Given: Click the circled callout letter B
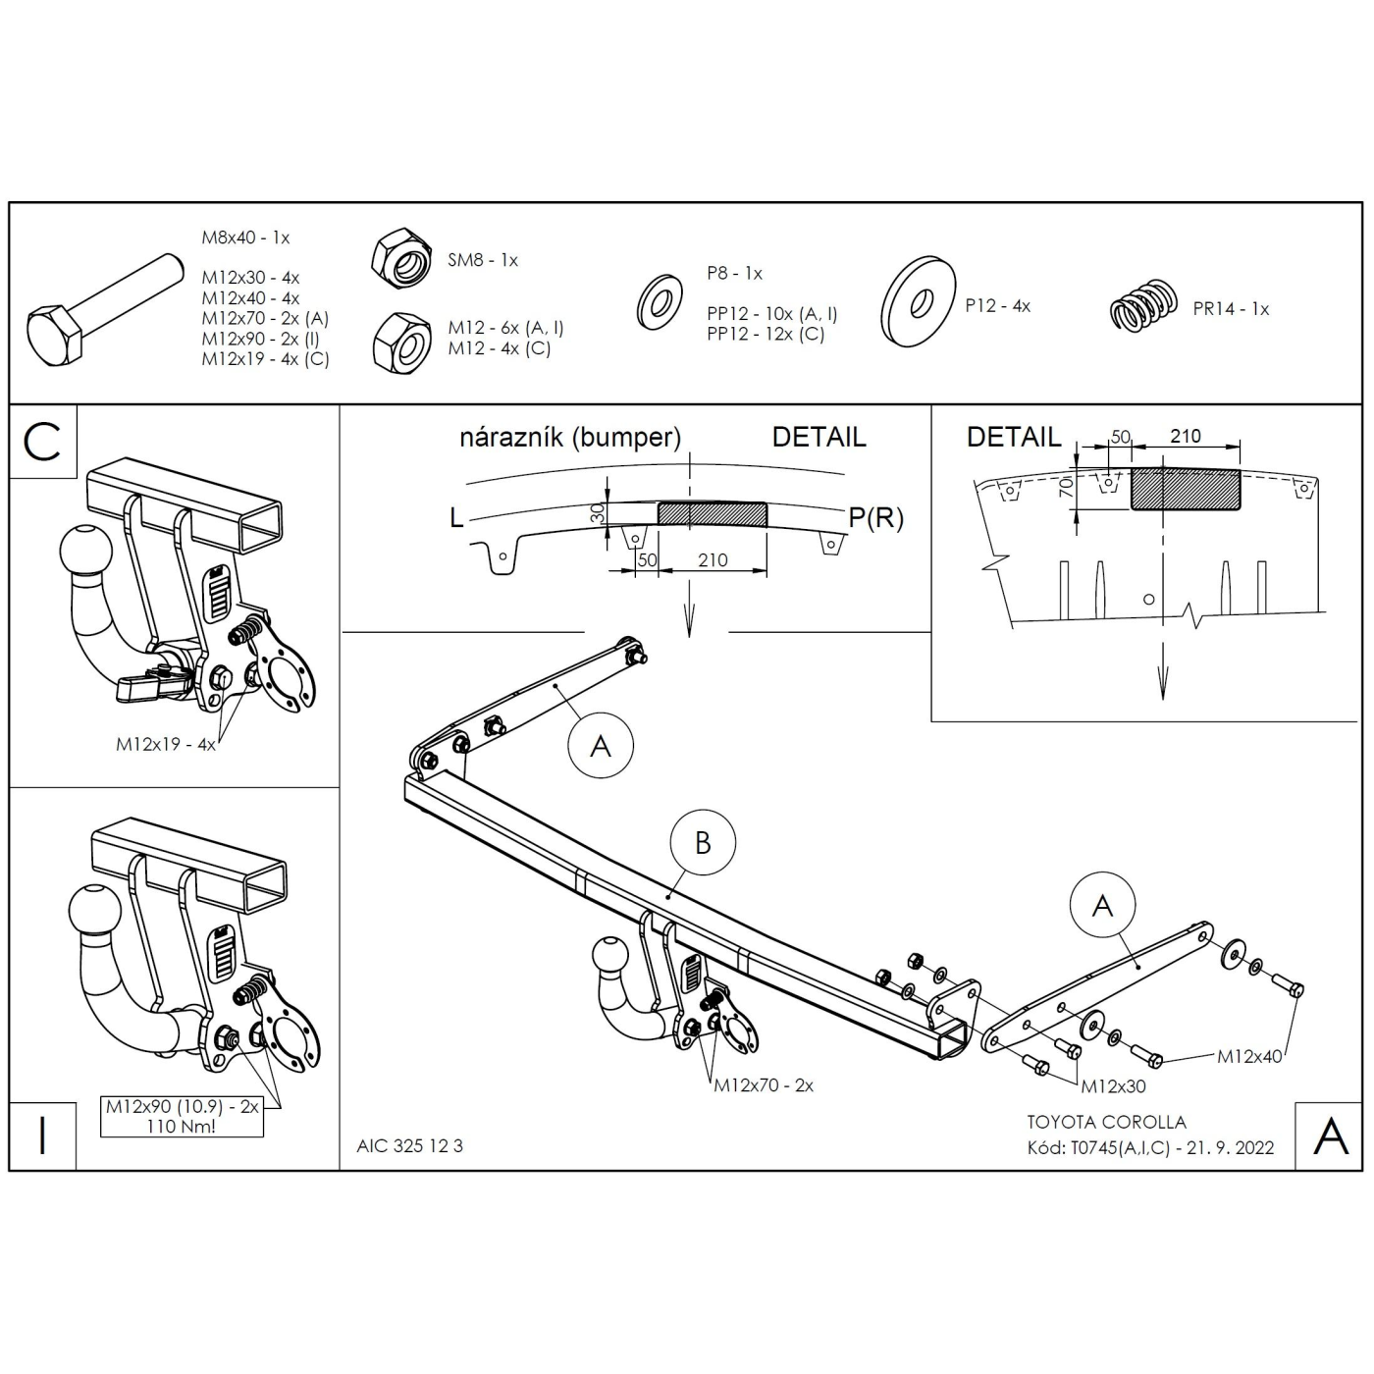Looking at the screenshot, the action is tap(703, 843).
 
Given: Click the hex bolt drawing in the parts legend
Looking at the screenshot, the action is tap(105, 309).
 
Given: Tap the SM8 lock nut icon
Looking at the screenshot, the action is tap(401, 258).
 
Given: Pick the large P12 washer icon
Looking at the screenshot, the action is tap(919, 301).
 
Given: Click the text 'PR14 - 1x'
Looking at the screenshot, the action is tap(1232, 309).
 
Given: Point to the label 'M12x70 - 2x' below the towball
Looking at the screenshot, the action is tap(764, 1085).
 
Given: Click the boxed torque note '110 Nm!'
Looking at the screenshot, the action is tap(182, 1127).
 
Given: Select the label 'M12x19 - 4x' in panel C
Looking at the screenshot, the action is tap(166, 744).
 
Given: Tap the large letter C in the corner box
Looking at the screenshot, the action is tap(42, 442).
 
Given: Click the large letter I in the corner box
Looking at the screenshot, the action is tap(43, 1136).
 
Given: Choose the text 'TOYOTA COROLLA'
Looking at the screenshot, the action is tap(1107, 1123).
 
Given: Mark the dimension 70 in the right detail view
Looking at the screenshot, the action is tap(1065, 488).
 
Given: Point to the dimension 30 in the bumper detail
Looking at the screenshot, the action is tap(598, 513).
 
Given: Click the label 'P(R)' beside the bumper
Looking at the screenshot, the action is tap(875, 517).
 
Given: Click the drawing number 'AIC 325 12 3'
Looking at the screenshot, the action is tap(410, 1146).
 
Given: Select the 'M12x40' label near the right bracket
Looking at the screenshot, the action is tap(1249, 1057).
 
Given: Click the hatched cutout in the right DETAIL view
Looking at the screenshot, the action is tap(1185, 489).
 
